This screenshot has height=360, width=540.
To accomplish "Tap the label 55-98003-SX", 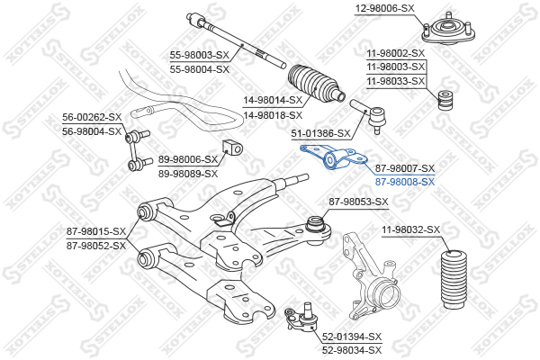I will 201,55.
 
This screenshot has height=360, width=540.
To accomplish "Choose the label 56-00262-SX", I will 92,117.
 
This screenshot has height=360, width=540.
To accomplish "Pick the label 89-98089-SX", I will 188,173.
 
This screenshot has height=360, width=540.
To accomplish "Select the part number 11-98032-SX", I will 410,230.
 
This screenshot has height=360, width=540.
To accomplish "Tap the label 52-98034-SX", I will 352,350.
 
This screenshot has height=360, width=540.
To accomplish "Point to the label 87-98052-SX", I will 96,245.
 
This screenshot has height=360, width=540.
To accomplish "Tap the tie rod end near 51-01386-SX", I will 370,115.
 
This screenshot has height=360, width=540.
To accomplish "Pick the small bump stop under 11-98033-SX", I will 443,101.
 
